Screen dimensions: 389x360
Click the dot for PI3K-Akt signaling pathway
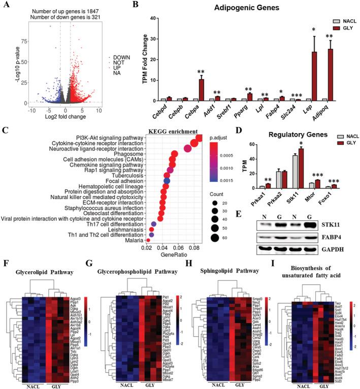197,139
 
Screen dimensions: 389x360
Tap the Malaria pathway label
128,247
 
